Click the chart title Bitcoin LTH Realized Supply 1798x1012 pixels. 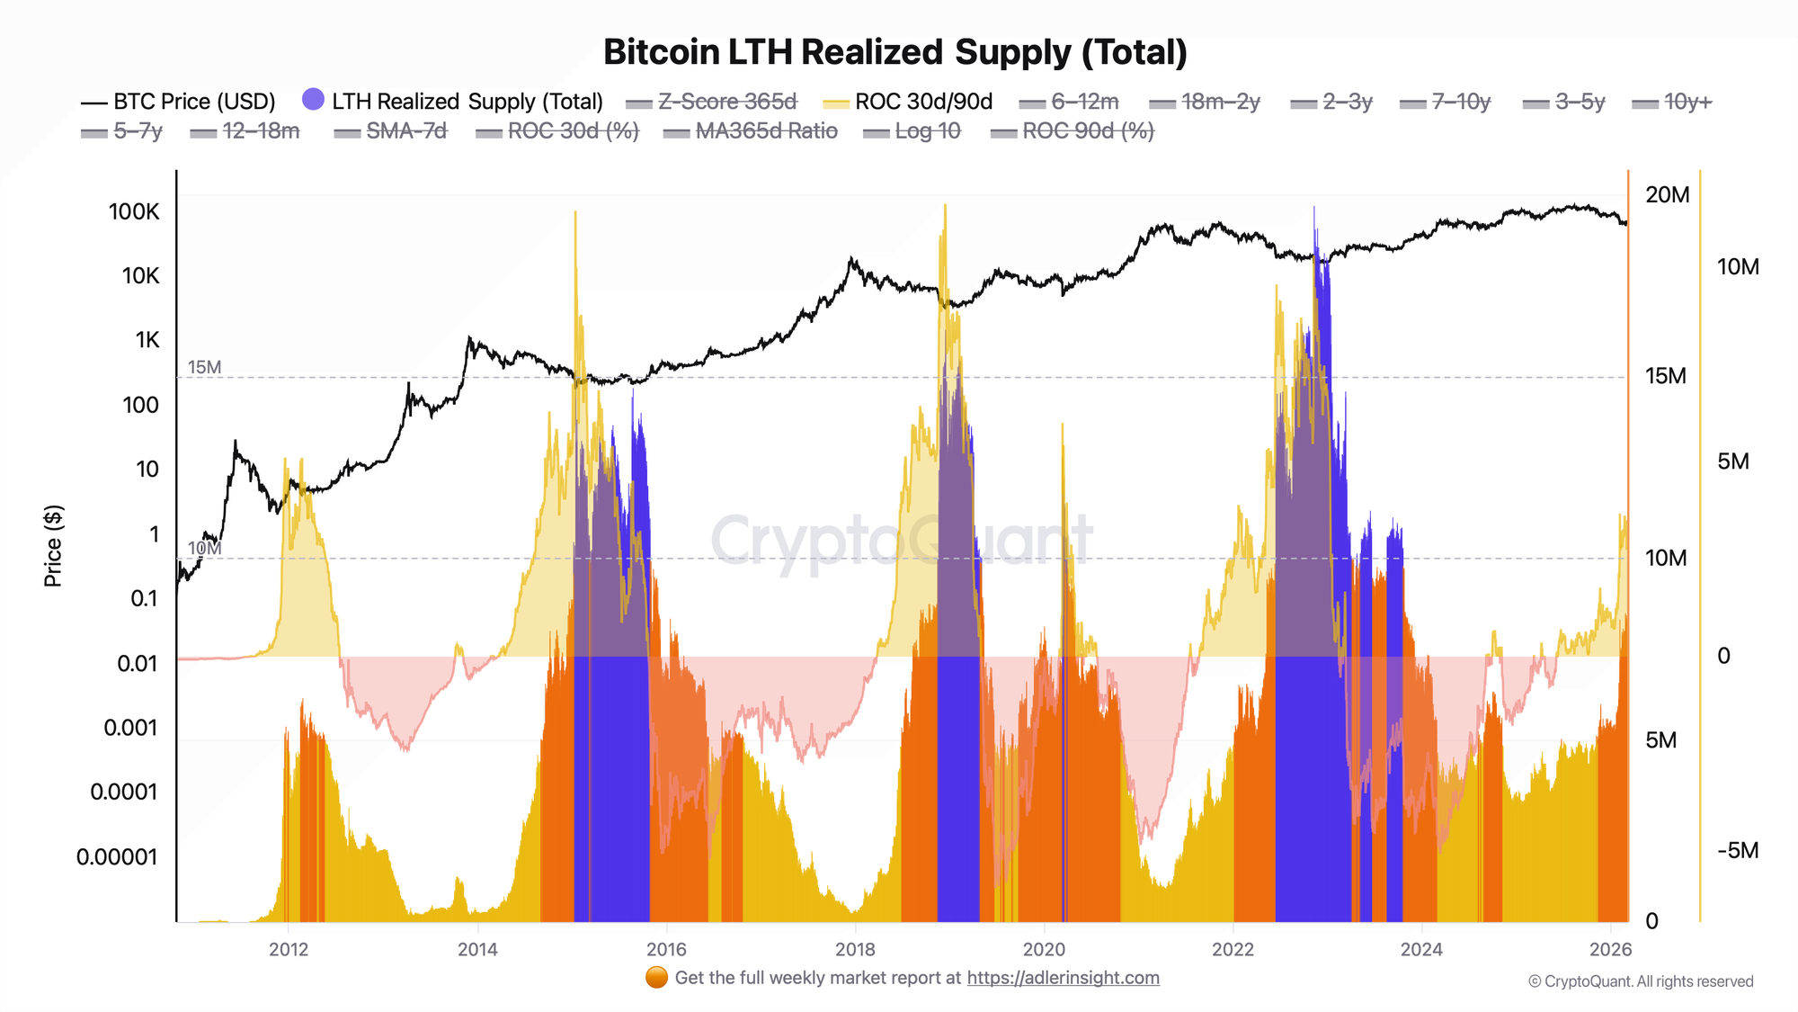[x=895, y=52]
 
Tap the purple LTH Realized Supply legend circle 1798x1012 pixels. [x=313, y=100]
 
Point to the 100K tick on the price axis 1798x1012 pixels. [x=134, y=212]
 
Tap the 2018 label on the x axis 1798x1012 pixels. [x=855, y=949]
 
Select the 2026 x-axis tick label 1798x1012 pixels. [x=1610, y=949]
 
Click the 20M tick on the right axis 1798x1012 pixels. [x=1667, y=195]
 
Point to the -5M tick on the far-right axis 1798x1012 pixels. [x=1738, y=851]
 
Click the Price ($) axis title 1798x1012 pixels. [x=53, y=545]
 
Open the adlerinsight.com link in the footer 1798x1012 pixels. [x=1063, y=978]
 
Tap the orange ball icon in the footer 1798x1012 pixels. [x=656, y=978]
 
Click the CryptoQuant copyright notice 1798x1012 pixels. [x=1641, y=981]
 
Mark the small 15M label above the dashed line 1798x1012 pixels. [x=204, y=367]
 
